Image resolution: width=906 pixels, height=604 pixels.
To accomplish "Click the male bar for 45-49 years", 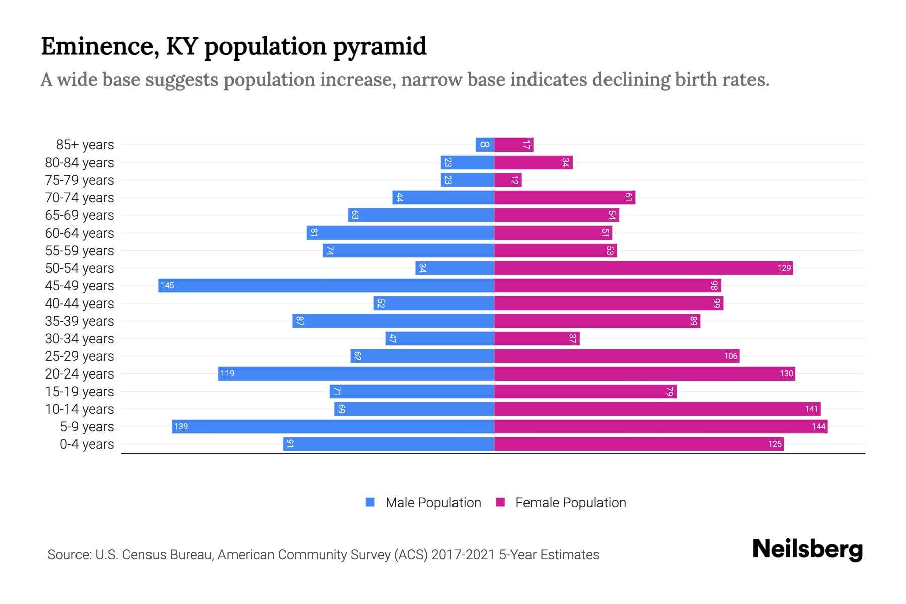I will coord(326,285).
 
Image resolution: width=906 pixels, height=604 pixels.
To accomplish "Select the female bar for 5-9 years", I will coord(660,426).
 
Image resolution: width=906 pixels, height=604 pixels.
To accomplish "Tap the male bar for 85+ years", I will coord(485,144).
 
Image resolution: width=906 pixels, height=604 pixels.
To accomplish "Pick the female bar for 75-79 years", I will coord(508,180).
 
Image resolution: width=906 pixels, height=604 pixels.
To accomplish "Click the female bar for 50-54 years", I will coord(643,268).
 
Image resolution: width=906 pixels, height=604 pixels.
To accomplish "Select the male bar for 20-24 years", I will coord(356,373).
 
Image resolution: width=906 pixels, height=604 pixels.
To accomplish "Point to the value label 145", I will coord(167,285).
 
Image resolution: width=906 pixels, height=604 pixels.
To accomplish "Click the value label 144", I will coord(818,426).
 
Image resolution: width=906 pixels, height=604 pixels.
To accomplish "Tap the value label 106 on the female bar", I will coord(730,356).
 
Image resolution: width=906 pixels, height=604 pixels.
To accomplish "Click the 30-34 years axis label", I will coord(80,338).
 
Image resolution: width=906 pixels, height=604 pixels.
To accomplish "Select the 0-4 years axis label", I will coord(87,444).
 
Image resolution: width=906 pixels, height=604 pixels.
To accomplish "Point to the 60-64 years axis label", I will coord(80,233).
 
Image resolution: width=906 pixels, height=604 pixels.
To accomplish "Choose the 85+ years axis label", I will coord(85,144).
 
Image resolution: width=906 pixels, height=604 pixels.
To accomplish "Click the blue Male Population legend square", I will coord(370,502).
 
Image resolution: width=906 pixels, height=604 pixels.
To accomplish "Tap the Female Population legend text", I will coord(570,502).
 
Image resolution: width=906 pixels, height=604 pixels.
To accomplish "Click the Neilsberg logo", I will coord(807,549).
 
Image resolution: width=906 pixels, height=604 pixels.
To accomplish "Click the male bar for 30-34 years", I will coord(439,338).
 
